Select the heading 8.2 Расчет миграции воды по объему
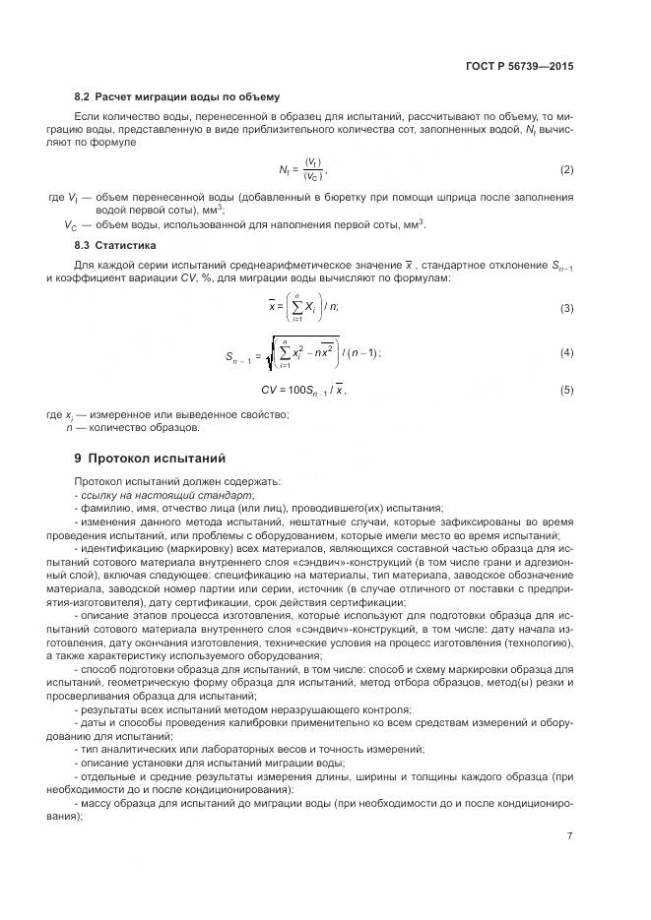pyautogui.click(x=176, y=96)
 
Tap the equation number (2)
pyautogui.click(x=566, y=169)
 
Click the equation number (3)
pyautogui.click(x=566, y=309)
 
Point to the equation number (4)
pyautogui.click(x=566, y=352)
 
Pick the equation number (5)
pyautogui.click(x=566, y=391)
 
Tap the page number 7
pyautogui.click(x=569, y=836)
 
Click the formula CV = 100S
pyautogui.click(x=303, y=391)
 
